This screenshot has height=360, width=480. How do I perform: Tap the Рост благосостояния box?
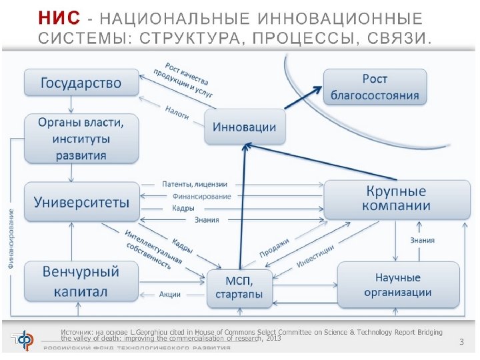(375, 87)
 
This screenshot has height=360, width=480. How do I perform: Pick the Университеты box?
(81, 201)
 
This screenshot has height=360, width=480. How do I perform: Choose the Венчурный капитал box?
(81, 281)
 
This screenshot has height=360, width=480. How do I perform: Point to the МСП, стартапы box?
(239, 288)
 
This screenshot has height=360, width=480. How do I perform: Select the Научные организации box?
(397, 285)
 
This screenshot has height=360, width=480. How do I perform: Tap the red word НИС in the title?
(59, 17)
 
